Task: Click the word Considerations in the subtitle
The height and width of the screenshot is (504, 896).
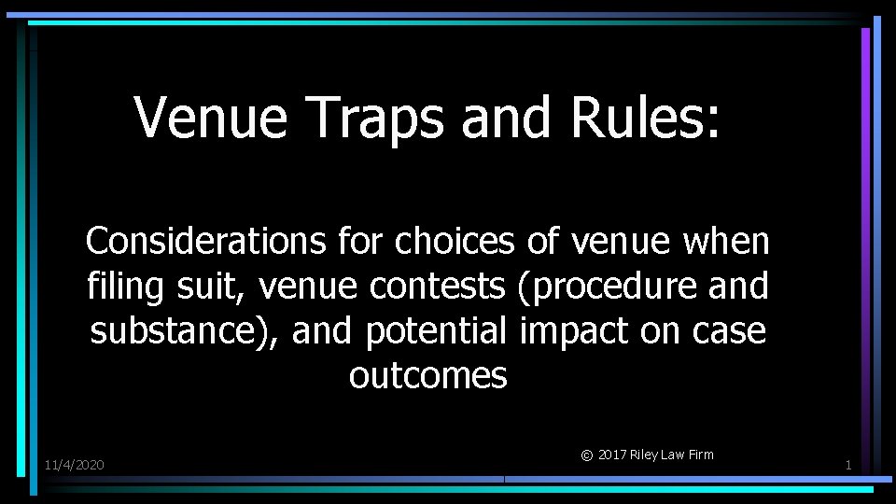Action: coord(205,242)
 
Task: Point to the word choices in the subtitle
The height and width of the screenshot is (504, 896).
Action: coord(455,242)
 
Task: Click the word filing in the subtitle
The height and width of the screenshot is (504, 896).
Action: coord(117,287)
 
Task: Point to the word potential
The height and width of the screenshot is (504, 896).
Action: coord(436,331)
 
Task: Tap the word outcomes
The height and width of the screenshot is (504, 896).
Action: coord(428,376)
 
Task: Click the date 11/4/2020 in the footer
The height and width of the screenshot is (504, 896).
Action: coord(75,465)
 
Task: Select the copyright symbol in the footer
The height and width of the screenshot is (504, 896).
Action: coord(586,456)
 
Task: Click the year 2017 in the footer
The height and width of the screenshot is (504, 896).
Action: coord(612,455)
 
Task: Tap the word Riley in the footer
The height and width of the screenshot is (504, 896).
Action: coord(645,455)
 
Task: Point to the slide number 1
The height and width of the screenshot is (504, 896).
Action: coord(847,465)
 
